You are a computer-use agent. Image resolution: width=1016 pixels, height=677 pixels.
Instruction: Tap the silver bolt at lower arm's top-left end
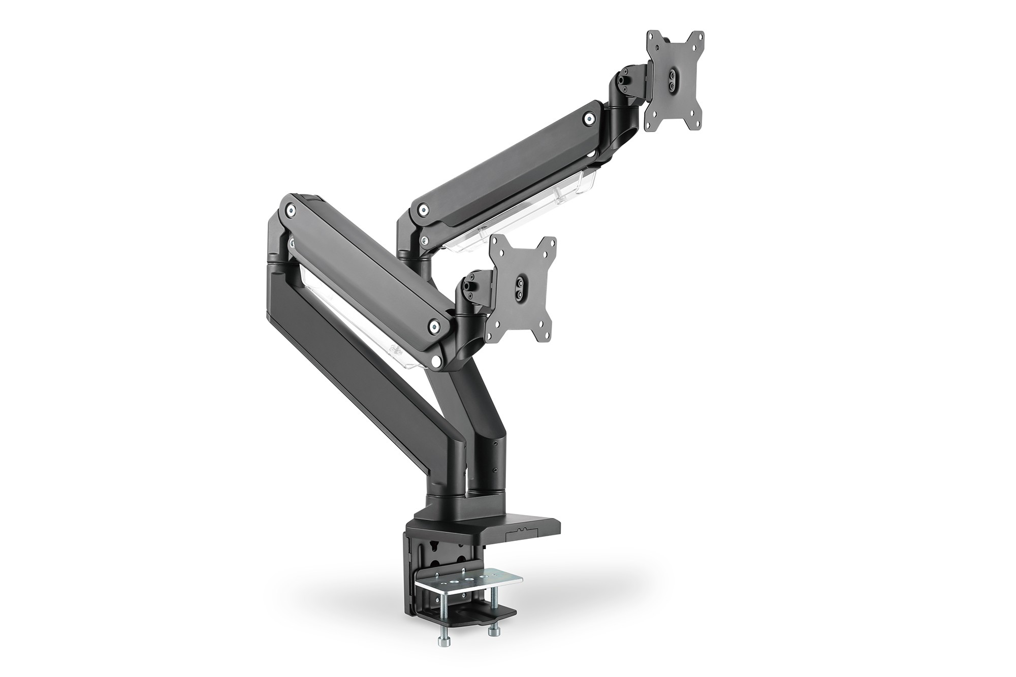click(x=290, y=208)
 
